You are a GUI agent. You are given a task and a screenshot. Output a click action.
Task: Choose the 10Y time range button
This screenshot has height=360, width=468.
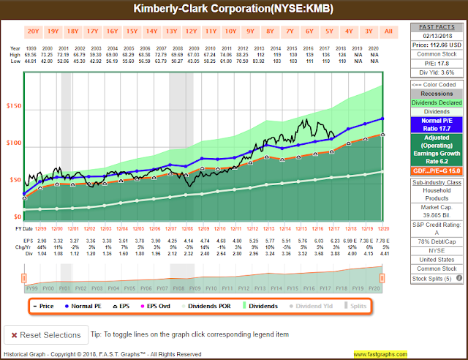230,31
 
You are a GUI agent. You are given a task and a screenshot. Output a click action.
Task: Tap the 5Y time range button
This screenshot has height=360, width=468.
329,31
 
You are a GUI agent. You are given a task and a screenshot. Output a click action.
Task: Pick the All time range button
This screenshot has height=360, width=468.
388,31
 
